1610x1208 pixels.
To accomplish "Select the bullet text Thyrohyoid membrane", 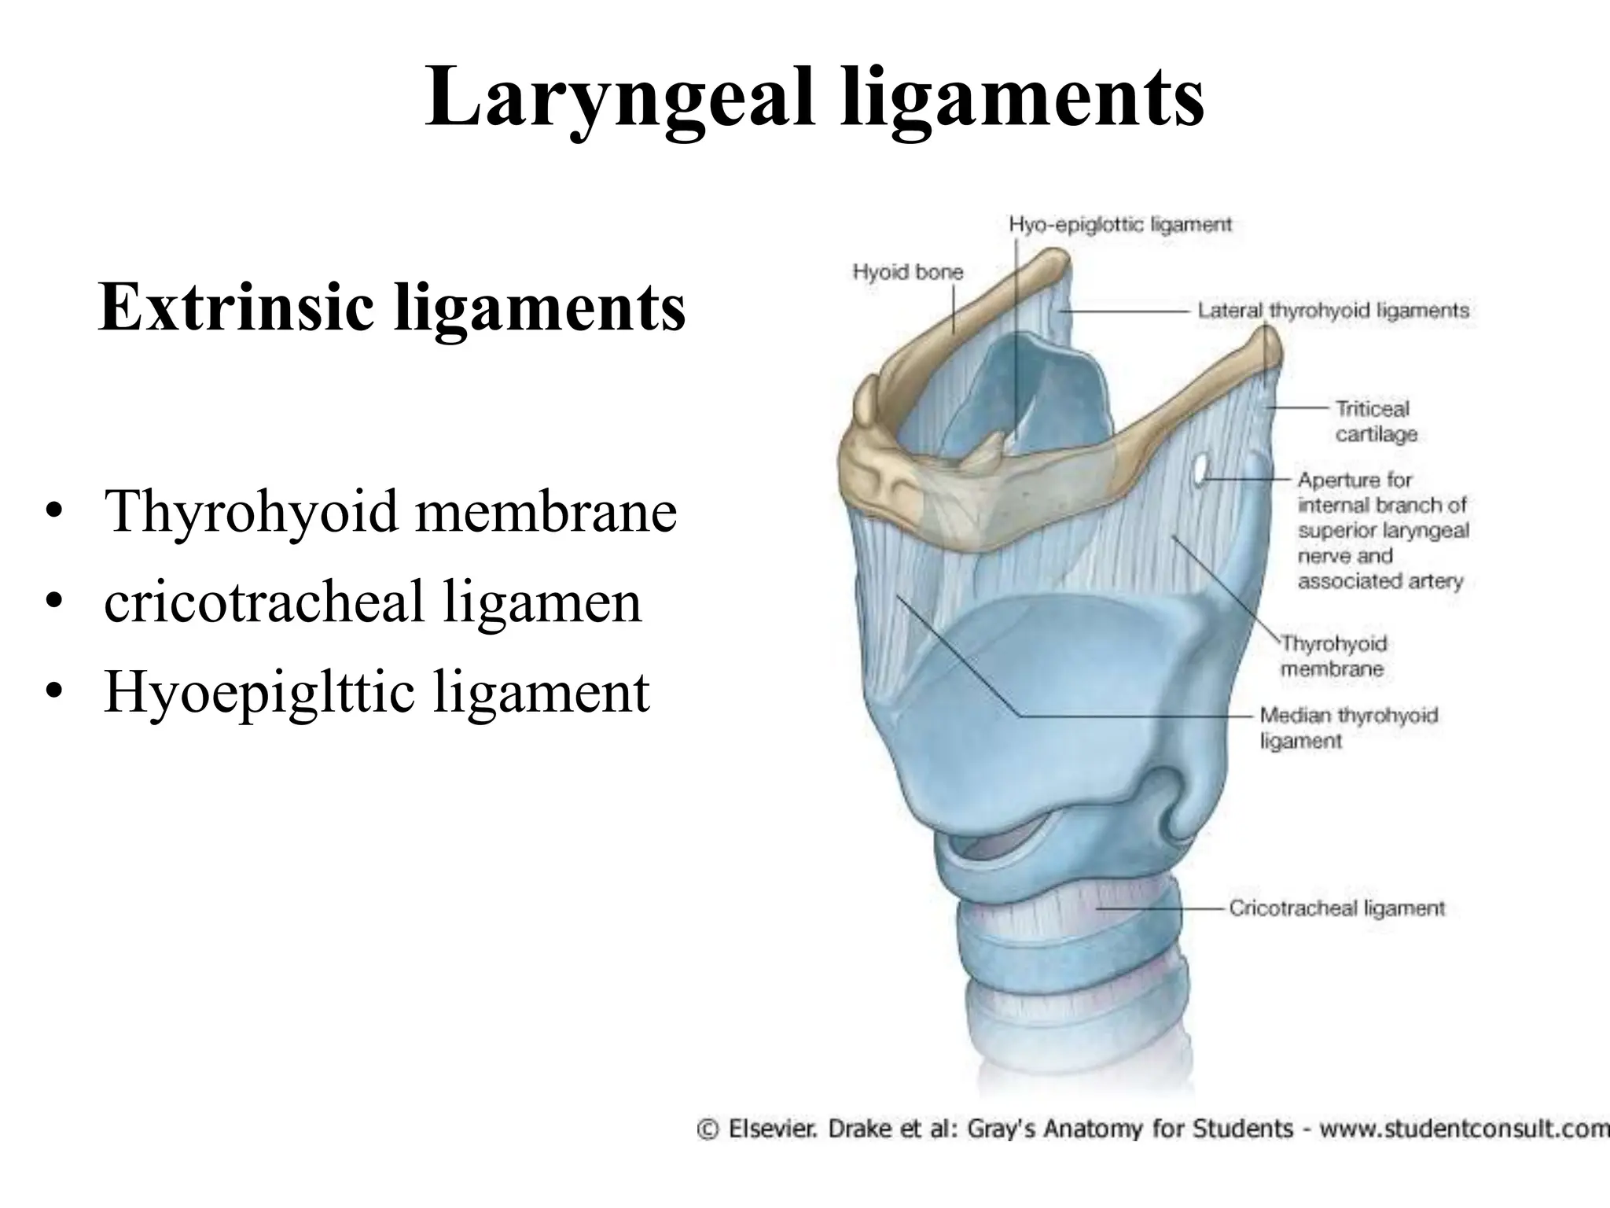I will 390,511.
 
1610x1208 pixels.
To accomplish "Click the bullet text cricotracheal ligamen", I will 373,602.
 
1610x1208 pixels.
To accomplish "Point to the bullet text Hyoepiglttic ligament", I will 377,691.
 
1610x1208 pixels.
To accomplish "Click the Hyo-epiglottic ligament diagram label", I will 1120,225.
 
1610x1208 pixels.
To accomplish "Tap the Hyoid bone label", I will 908,273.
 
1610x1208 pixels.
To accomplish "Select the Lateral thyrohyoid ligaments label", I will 1333,311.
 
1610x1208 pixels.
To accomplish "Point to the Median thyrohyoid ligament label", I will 1348,727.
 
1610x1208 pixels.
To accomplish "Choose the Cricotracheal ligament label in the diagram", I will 1336,908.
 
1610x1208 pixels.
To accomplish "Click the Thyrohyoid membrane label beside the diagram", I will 1334,656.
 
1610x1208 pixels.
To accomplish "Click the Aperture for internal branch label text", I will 1382,530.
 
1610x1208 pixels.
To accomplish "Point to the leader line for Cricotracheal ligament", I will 1163,908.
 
